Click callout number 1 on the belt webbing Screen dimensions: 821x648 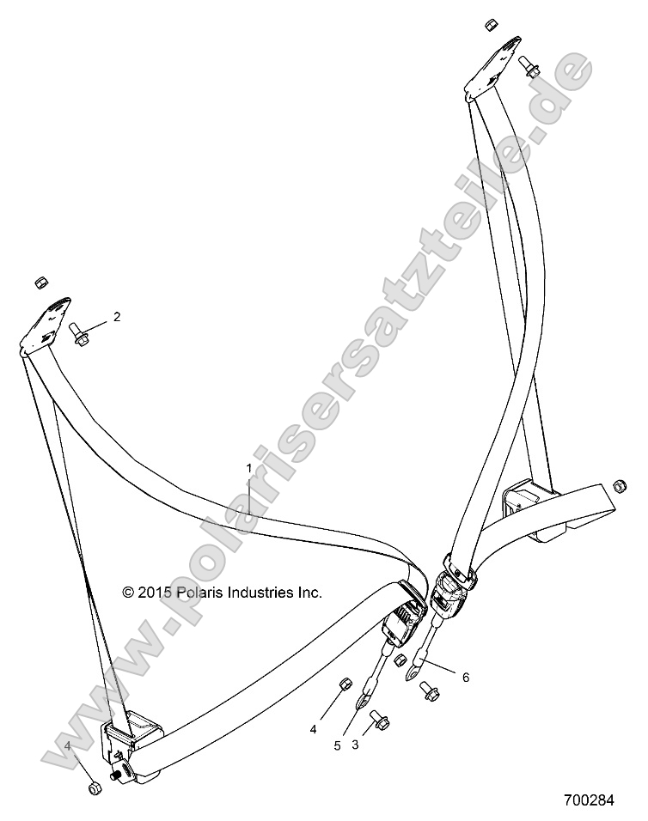coord(248,469)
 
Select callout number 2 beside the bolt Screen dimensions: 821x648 coord(117,317)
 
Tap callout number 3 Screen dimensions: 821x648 coord(356,745)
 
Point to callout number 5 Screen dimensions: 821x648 coord(338,745)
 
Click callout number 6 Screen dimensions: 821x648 coord(465,677)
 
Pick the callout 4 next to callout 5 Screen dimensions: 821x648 coord(313,729)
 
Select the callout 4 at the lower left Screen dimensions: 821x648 coord(68,745)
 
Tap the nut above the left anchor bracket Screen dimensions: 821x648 coord(40,283)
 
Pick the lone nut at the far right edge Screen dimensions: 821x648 coord(619,487)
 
